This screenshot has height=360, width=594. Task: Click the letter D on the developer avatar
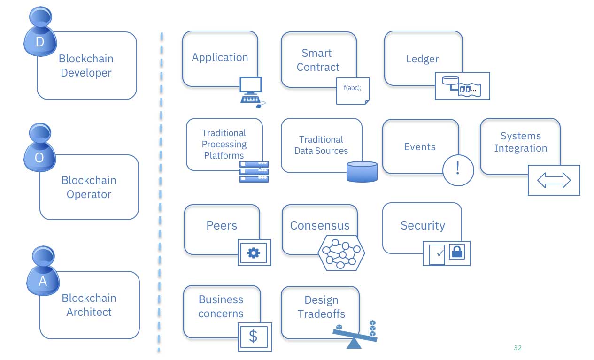(40, 42)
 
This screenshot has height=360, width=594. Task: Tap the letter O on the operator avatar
(39, 158)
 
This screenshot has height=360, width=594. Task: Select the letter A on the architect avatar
(42, 281)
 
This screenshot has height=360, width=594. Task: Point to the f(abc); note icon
(353, 91)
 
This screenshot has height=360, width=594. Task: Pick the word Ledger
(422, 59)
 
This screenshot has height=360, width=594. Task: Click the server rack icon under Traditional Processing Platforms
(254, 171)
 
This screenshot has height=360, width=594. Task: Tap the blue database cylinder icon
(362, 171)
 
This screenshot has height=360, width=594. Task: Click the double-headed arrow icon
(554, 180)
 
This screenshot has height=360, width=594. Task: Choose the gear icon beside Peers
(254, 253)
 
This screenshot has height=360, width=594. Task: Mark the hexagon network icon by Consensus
(341, 252)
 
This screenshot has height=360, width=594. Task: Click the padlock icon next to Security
(456, 252)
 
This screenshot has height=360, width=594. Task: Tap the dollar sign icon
(254, 336)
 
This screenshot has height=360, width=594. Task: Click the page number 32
(518, 348)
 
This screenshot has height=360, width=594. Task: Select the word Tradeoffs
(321, 314)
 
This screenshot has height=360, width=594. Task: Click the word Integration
(520, 148)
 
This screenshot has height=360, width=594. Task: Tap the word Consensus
(320, 225)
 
